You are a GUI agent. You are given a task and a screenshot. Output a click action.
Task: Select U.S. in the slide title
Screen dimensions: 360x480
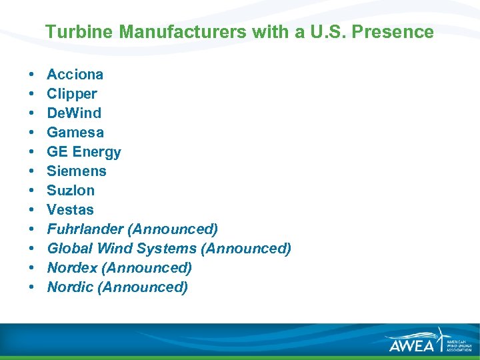(329, 32)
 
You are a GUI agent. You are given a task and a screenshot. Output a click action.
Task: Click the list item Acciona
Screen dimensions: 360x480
(75, 74)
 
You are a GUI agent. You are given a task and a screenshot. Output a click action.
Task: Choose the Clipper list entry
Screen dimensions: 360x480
(71, 93)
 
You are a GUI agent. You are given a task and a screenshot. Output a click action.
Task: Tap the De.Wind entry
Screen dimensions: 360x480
(73, 113)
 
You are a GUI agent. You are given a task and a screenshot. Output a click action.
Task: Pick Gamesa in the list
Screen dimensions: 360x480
(75, 132)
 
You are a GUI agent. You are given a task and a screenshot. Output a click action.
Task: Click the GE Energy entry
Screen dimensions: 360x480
(83, 151)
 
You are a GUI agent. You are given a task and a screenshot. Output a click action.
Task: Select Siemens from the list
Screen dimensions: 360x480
(76, 171)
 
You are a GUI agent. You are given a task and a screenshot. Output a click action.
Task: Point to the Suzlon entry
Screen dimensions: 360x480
(70, 190)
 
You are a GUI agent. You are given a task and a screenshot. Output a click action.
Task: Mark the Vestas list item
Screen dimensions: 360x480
(70, 209)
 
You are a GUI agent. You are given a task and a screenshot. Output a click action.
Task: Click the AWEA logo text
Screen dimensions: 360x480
(411, 344)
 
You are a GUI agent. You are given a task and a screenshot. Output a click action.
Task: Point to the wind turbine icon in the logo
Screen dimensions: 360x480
(440, 338)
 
